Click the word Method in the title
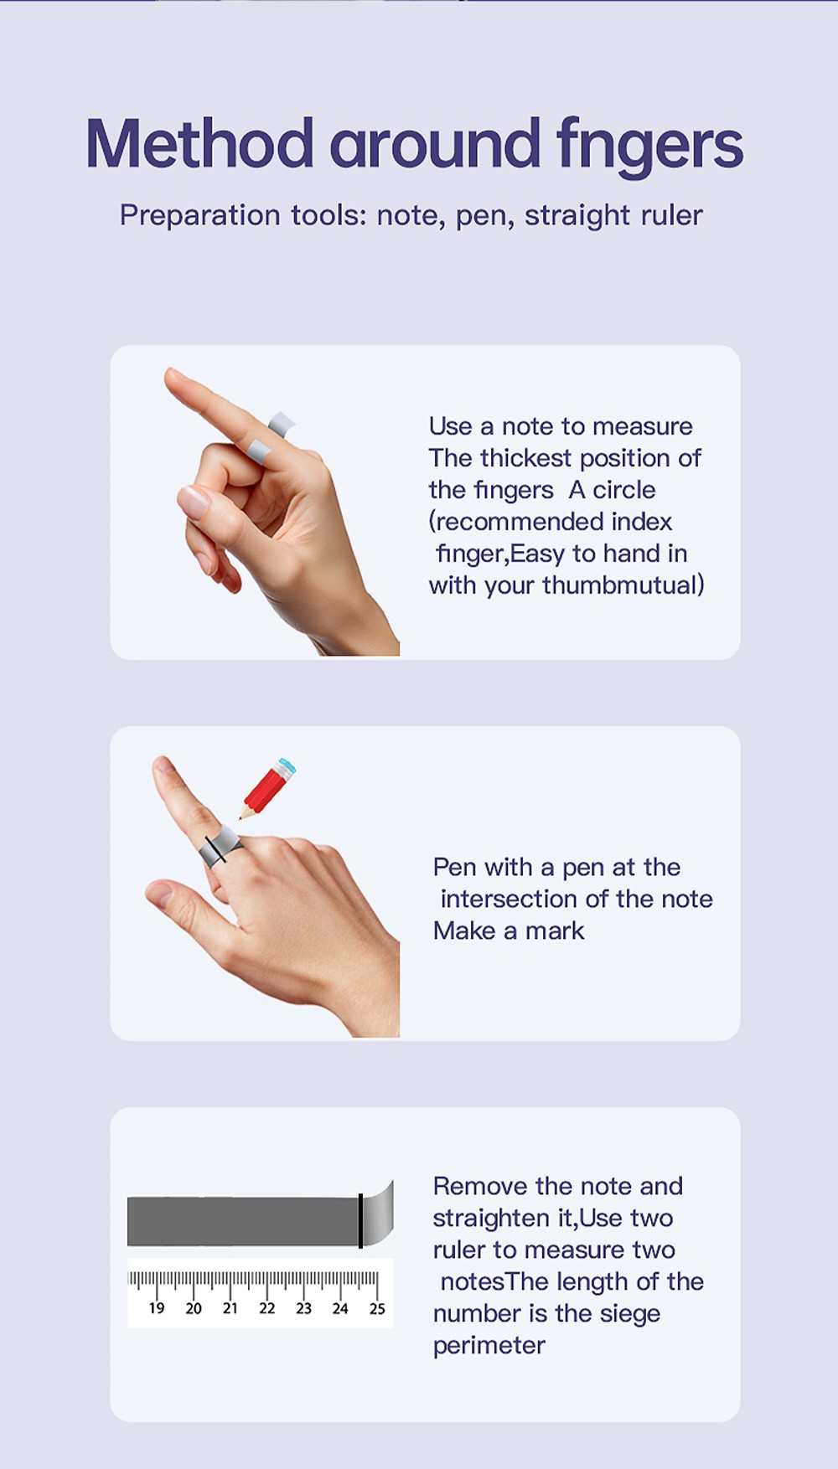tap(199, 143)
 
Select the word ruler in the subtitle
tap(671, 215)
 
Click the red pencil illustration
tap(267, 787)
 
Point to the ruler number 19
tap(157, 1308)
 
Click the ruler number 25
tap(377, 1308)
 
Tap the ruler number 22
tap(266, 1308)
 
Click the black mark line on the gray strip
tap(360, 1221)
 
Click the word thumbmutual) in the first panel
tap(623, 585)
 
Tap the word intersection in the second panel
tap(513, 899)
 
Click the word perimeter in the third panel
tap(489, 1346)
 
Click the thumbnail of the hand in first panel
tap(194, 502)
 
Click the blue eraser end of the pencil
tap(287, 765)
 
